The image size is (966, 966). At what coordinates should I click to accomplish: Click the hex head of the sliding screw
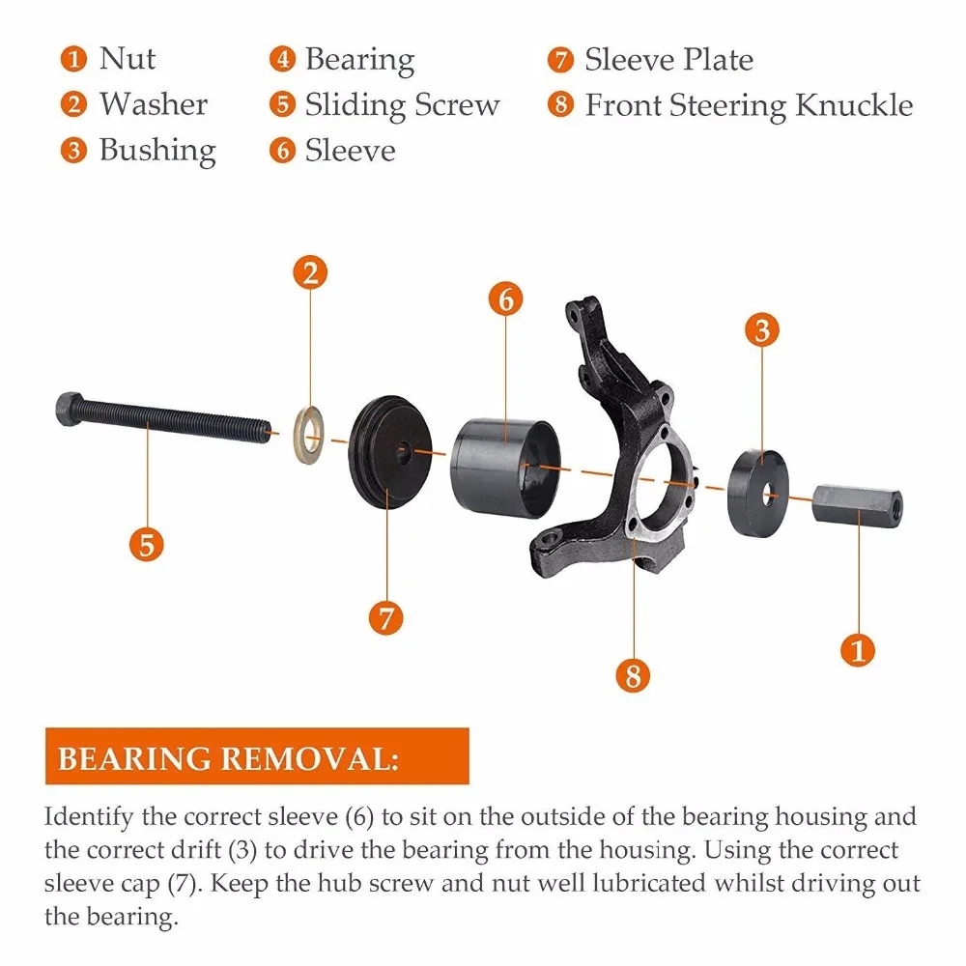(x=69, y=408)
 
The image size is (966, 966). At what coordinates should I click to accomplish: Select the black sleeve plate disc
(x=390, y=451)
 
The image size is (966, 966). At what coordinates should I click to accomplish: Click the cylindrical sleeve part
(x=505, y=469)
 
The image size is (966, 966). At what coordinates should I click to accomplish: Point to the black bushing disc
(x=757, y=493)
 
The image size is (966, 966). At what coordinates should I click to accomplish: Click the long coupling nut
(x=858, y=504)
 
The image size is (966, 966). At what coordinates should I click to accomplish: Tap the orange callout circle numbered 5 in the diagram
(x=147, y=545)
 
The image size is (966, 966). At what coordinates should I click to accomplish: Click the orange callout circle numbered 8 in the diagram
(x=633, y=675)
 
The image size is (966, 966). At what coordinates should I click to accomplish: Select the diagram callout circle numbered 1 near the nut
(x=858, y=649)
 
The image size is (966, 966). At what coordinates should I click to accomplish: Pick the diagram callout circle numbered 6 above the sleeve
(x=506, y=299)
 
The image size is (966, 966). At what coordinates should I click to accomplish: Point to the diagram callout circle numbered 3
(x=762, y=329)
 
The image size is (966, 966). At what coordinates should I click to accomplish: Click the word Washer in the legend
(x=154, y=104)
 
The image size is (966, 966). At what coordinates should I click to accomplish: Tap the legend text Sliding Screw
(x=402, y=105)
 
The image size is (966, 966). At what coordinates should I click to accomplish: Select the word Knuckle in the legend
(x=854, y=104)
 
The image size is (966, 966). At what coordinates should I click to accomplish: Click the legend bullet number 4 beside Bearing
(x=282, y=59)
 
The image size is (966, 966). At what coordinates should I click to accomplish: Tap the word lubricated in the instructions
(x=649, y=883)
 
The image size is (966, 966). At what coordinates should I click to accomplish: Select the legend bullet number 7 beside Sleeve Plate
(x=560, y=60)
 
